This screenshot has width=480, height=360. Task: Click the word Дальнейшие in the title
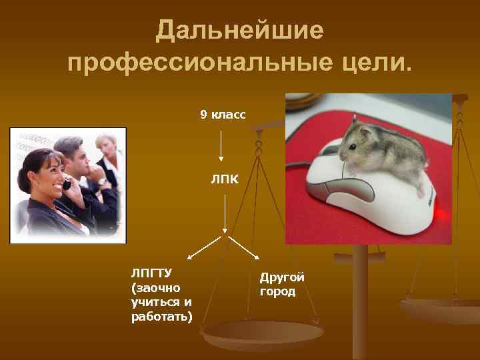pyautogui.click(x=239, y=30)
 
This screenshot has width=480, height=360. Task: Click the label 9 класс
pyautogui.click(x=223, y=115)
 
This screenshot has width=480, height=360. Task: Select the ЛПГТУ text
pyautogui.click(x=151, y=273)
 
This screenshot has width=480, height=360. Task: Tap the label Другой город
pyautogui.click(x=282, y=284)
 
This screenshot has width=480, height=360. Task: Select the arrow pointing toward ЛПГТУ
pyautogui.click(x=206, y=247)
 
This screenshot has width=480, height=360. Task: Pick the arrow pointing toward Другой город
pyautogui.click(x=244, y=247)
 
